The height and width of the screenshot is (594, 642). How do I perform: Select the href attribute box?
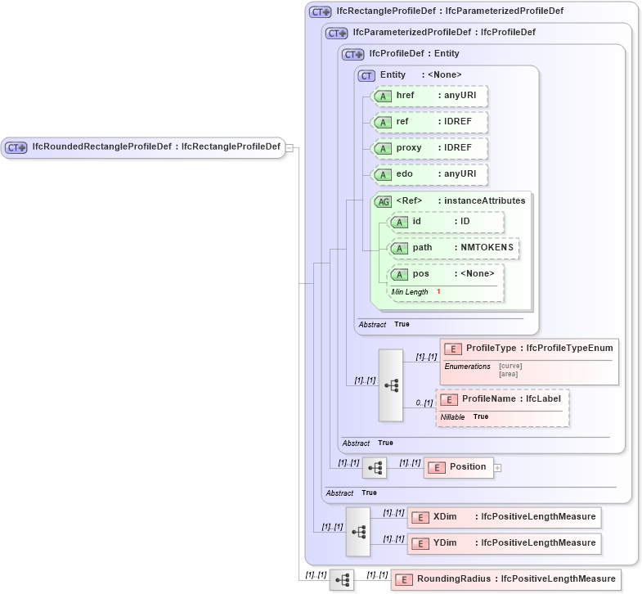(x=429, y=96)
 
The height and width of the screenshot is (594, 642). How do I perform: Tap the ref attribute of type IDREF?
(x=429, y=123)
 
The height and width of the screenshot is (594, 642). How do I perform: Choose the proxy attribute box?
(x=429, y=148)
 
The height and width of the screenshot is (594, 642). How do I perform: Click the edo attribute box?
(x=429, y=174)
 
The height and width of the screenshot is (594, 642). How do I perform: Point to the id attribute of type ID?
(x=446, y=222)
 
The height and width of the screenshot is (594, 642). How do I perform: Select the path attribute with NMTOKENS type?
(x=453, y=248)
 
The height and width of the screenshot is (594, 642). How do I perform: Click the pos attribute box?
(x=447, y=274)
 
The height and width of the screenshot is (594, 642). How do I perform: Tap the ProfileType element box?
(x=529, y=349)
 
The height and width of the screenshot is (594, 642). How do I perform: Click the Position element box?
(x=458, y=467)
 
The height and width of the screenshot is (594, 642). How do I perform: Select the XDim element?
(x=505, y=517)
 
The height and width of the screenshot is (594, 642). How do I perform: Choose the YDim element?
(x=505, y=543)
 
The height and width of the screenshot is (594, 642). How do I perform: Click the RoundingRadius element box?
(x=505, y=579)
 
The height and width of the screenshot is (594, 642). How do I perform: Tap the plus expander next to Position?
(x=497, y=468)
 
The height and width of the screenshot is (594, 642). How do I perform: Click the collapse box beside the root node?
(x=289, y=148)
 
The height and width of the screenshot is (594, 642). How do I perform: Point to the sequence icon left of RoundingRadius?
(x=342, y=580)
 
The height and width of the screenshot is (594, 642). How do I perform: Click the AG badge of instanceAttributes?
(x=383, y=201)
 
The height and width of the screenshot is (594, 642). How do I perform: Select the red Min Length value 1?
(x=438, y=292)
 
